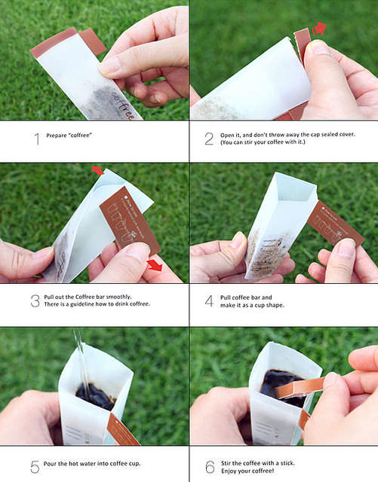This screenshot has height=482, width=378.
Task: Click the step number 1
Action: pos(37,139)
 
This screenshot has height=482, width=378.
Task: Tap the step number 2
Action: pos(209,139)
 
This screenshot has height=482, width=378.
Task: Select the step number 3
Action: pos(35,301)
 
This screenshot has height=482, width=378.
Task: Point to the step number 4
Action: pos(210,301)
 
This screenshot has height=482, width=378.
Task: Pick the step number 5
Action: pos(35,467)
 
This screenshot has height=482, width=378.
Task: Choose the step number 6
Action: pos(210,467)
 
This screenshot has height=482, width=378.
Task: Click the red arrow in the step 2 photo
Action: pos(319,29)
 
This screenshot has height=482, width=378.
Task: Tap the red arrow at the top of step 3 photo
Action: pos(97,170)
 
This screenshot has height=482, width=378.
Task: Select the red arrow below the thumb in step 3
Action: pos(155,265)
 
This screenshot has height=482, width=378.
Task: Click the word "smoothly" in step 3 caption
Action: pos(119,297)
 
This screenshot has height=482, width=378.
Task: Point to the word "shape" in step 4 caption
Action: pos(276,305)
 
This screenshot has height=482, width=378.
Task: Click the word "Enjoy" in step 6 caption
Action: pos(229,471)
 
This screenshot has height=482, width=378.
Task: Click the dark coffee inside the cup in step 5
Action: pos(96,397)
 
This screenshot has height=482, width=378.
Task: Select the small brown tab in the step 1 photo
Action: pos(93,41)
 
